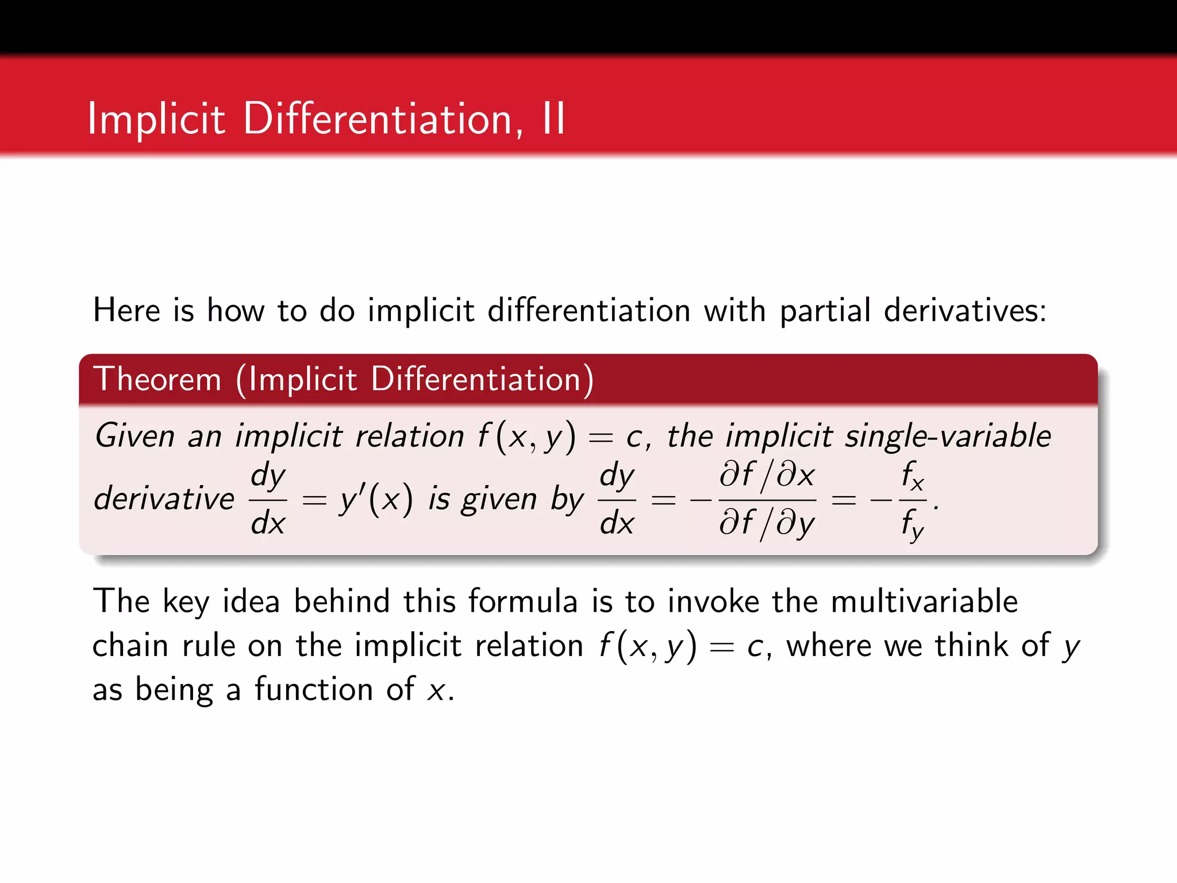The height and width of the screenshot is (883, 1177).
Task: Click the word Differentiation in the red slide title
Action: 377,119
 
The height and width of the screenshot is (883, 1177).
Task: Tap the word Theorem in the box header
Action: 157,379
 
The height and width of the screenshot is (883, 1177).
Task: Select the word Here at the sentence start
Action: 127,310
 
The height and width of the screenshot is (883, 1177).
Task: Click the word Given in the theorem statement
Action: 134,436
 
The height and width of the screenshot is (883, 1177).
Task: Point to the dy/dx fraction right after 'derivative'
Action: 268,499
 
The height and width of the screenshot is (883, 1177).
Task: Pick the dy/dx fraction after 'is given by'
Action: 617,499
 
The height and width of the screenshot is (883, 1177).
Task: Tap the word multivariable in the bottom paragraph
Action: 924,601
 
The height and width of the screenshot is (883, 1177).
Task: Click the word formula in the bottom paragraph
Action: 522,601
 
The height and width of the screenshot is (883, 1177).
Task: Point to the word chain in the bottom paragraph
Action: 130,646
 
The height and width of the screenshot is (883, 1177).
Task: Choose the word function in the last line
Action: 314,689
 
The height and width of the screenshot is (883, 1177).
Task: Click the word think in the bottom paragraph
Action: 971,646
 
